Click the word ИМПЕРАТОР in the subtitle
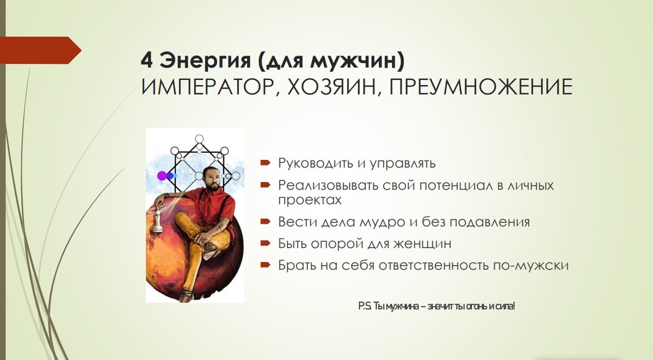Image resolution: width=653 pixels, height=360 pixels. click(209, 87)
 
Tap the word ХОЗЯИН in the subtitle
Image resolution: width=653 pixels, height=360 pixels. click(332, 87)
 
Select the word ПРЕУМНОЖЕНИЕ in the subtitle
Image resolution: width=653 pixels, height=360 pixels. click(480, 86)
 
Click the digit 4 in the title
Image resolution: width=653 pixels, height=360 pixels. click(146, 60)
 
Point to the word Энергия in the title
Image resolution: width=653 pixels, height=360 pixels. click(205, 61)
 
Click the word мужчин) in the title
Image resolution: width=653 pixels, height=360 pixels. click(357, 61)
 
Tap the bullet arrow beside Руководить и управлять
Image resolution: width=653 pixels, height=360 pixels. click(266, 163)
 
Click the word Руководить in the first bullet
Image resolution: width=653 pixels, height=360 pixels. click(316, 163)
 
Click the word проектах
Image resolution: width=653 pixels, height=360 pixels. click(310, 200)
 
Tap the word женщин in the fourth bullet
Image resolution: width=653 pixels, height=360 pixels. click(422, 244)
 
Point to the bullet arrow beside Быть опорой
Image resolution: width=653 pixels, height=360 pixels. click(266, 243)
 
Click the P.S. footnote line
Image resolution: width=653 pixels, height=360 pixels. click(436, 306)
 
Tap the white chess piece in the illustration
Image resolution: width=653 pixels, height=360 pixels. click(158, 220)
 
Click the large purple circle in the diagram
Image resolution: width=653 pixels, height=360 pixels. click(162, 176)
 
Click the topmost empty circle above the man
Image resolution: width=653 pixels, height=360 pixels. click(199, 139)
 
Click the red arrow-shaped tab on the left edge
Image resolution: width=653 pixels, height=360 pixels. click(40, 50)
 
